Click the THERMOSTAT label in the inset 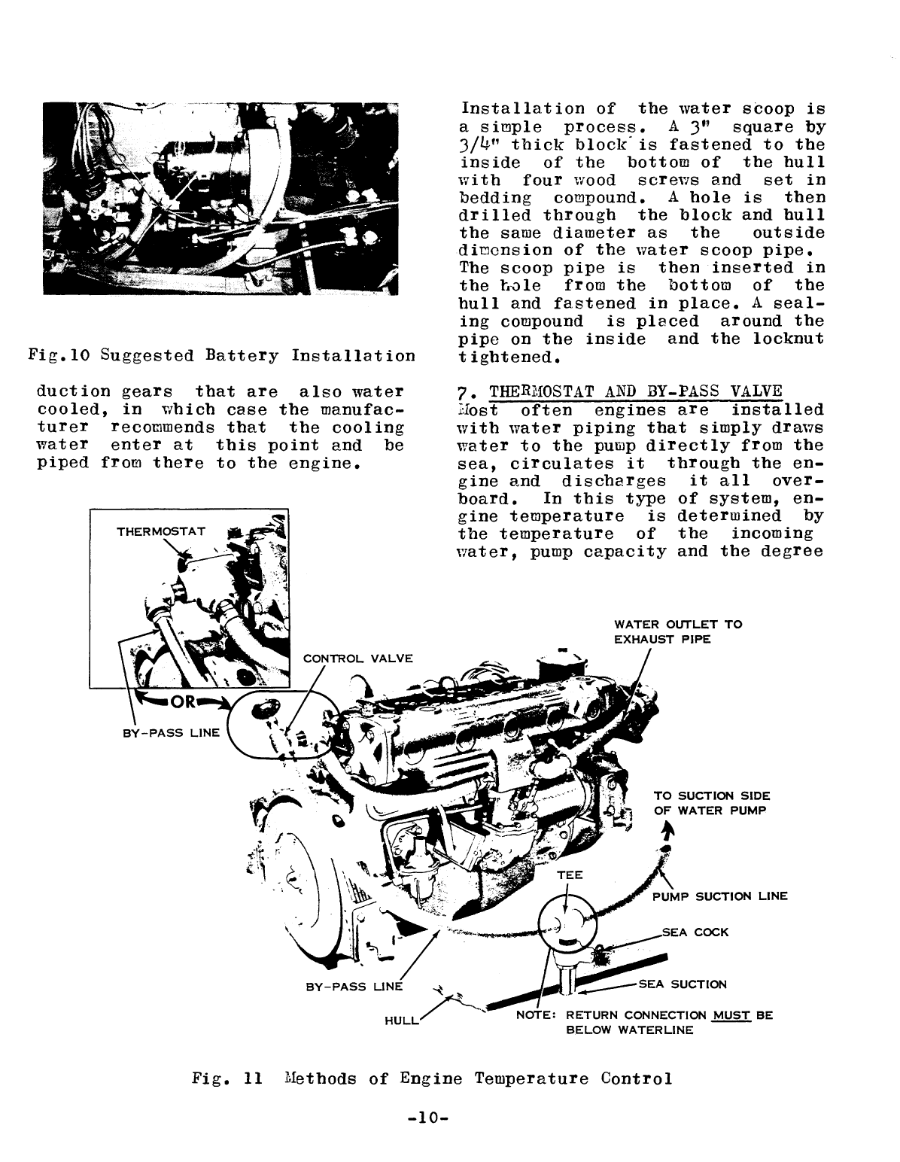160,532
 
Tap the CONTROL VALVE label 357,659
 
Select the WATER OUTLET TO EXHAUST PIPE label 678,631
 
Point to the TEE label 569,875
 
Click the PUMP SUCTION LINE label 719,896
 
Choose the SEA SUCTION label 683,984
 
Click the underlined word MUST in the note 731,1014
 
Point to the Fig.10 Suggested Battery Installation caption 221,355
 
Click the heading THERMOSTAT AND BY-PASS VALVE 636,393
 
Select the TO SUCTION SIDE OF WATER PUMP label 711,803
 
